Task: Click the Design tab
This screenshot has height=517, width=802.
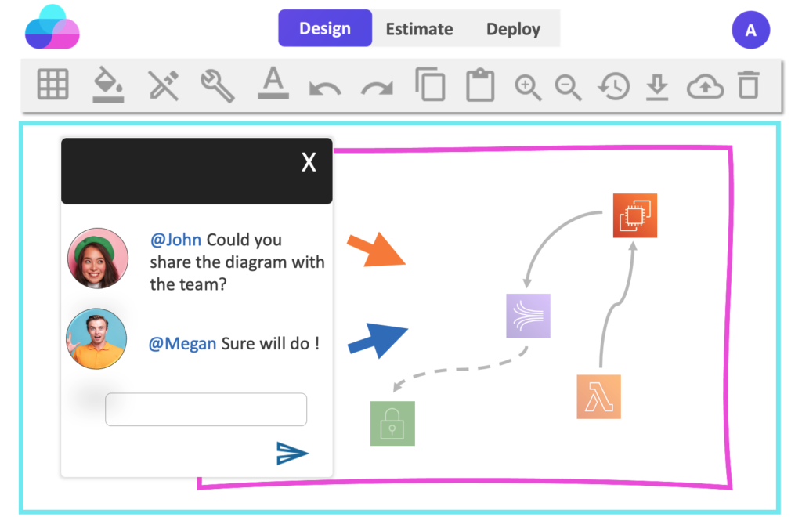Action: (325, 28)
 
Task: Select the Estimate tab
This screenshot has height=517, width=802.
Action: (419, 29)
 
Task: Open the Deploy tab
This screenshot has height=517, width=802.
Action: (513, 29)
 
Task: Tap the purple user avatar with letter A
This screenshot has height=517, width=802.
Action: (750, 31)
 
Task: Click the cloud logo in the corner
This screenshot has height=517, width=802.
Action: (52, 27)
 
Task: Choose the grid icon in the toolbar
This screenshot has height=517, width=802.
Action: (52, 84)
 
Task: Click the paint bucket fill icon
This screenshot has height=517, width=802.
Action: (108, 84)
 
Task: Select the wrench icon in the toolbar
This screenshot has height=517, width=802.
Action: (218, 85)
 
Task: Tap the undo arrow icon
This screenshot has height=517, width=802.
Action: (325, 88)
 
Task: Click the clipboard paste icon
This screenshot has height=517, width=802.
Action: (480, 85)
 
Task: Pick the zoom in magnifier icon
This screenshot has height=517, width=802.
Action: (528, 88)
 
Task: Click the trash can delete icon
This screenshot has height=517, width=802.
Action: (748, 85)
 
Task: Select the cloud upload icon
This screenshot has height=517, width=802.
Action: (705, 86)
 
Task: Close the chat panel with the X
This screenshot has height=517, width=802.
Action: (309, 162)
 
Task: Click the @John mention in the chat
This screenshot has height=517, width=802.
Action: (175, 240)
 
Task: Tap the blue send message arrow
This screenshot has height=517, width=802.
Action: (292, 453)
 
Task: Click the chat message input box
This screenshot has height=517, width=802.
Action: (206, 409)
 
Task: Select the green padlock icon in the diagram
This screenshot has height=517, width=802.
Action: (392, 423)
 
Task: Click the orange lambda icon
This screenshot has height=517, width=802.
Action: (598, 397)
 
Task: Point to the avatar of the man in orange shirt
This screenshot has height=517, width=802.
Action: (96, 338)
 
